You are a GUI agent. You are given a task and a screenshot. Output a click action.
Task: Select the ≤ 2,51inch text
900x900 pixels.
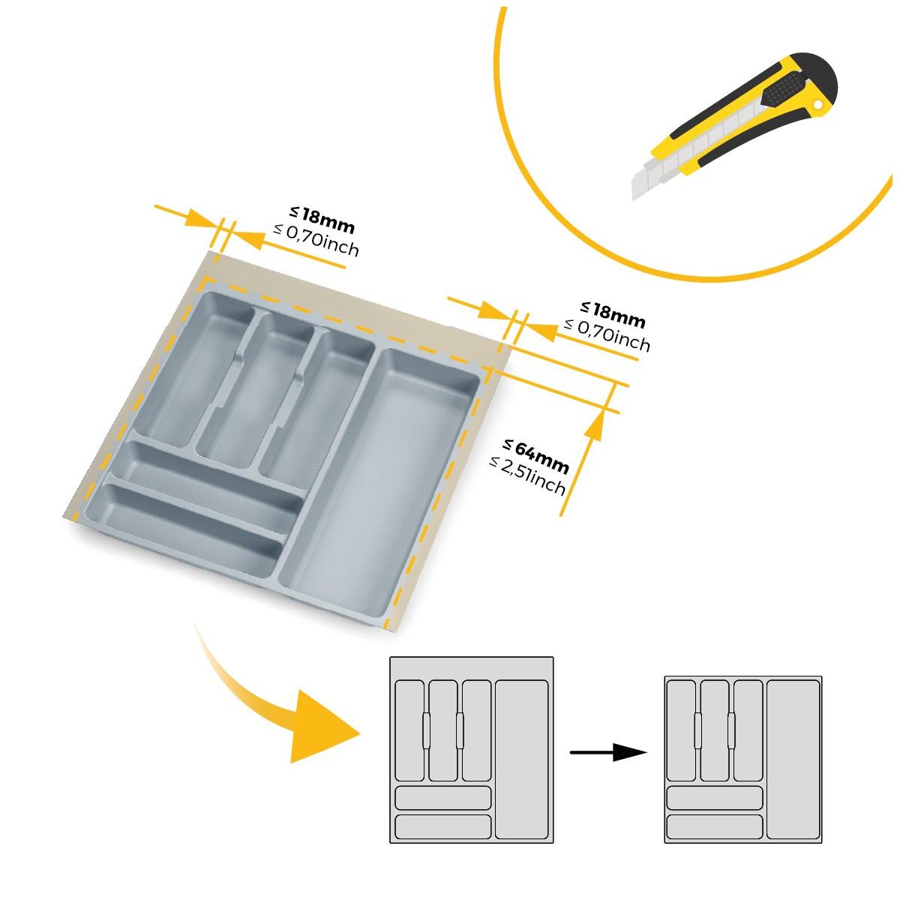tap(527, 475)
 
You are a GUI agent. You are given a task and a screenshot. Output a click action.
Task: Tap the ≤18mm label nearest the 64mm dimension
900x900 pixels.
tap(613, 314)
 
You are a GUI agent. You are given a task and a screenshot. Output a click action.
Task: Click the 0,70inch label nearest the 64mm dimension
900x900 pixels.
tap(607, 334)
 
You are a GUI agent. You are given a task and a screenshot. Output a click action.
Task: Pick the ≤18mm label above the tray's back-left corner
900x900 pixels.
tap(322, 220)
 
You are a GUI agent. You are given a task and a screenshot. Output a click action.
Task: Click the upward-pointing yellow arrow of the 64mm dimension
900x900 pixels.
tap(594, 428)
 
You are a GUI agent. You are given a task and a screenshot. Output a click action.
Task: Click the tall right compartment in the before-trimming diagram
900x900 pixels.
tap(522, 759)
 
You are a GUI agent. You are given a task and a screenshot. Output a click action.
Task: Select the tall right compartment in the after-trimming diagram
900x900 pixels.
tap(793, 759)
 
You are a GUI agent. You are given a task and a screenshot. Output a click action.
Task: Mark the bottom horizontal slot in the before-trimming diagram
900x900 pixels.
tap(442, 826)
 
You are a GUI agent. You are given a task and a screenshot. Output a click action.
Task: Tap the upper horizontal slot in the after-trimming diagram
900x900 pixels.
tap(714, 797)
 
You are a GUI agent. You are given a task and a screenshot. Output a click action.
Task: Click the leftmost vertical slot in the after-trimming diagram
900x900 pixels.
tap(681, 730)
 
